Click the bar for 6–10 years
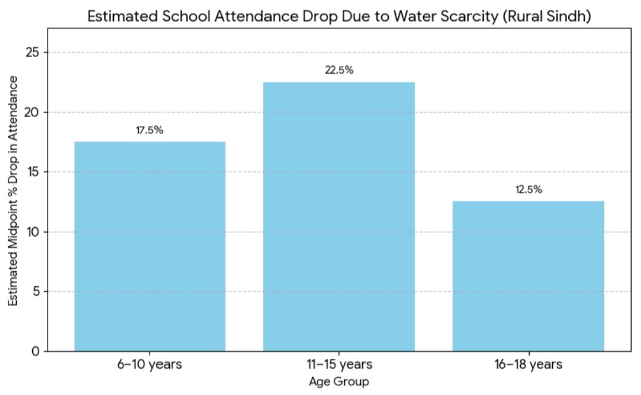(150, 246)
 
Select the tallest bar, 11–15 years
(339, 217)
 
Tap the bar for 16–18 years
(528, 276)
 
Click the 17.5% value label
(150, 130)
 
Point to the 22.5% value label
(339, 70)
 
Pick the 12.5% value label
(528, 190)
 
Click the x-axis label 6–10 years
(150, 364)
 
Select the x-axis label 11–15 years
(339, 364)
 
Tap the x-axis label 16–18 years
(528, 364)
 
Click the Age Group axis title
(339, 381)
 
